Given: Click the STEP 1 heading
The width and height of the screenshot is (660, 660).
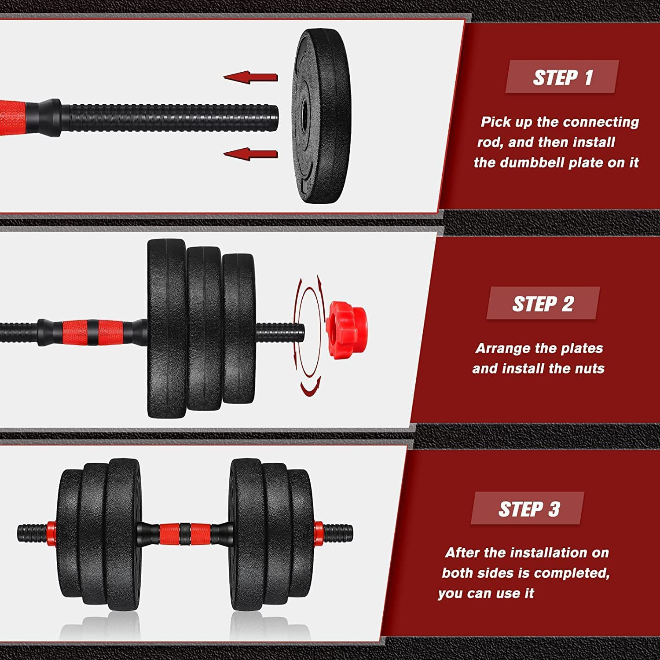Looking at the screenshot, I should click(x=562, y=77).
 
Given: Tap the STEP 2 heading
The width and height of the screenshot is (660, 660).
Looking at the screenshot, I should click(x=543, y=304).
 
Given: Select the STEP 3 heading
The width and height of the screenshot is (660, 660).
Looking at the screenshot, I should click(x=528, y=509).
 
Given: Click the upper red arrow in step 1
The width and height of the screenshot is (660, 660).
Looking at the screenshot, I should click(x=251, y=77).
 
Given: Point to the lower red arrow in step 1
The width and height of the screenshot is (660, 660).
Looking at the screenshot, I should click(x=251, y=154).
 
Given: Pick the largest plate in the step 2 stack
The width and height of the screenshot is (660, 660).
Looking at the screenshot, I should click(x=166, y=329).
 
